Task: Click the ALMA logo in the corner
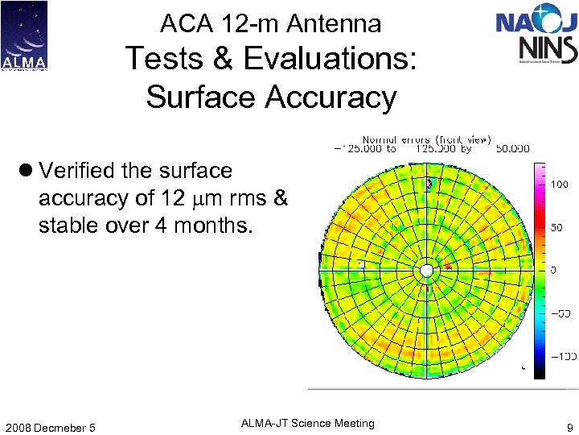point(24,35)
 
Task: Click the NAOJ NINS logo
point(536,36)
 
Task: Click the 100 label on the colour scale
point(560,184)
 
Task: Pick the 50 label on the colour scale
point(556,228)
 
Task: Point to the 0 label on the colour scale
point(553,270)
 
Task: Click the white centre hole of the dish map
point(426,270)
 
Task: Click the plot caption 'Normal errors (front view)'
point(426,139)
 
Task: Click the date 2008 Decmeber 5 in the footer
point(50,427)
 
